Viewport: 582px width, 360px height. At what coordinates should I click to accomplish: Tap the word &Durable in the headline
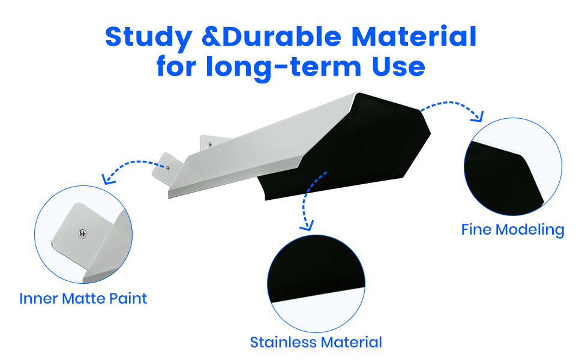pos(272,37)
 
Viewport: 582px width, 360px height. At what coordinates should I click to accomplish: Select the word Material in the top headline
pos(414,37)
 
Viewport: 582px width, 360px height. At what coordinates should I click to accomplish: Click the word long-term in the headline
pos(284,67)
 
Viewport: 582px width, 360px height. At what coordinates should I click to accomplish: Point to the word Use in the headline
pos(398,67)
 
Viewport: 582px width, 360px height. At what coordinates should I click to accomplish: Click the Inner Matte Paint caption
pos(83,299)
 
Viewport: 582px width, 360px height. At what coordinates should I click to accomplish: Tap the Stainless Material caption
pos(316,342)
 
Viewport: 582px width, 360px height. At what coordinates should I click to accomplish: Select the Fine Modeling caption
pos(512,230)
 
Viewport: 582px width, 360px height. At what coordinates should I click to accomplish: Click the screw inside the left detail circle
pos(82,233)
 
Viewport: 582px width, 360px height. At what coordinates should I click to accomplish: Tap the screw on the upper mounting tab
pos(210,145)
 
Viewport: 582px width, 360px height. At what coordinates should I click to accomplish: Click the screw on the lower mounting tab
pos(168,168)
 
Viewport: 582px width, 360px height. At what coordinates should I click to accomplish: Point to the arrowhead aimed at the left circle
pos(109,179)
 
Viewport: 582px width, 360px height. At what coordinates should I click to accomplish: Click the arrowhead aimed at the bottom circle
pos(307,225)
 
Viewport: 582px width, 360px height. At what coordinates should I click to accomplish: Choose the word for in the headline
pos(176,67)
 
